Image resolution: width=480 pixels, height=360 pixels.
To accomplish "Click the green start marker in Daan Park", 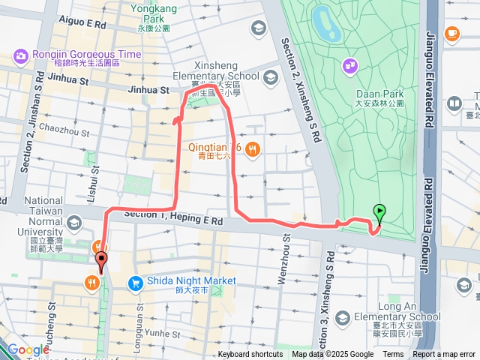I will tap(379, 213).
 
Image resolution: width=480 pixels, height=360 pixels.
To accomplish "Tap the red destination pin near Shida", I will tap(101, 262).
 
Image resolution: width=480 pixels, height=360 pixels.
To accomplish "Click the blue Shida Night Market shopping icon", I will tap(136, 282).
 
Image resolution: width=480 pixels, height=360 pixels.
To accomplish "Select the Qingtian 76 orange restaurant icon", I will tap(252, 148).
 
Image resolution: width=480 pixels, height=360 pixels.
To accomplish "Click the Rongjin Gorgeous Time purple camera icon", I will tap(19, 55).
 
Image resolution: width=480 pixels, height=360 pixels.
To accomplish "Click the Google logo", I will tap(28, 349).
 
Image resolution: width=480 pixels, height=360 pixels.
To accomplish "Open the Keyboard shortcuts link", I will tap(250, 355).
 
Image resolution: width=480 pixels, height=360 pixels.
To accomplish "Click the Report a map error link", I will tap(445, 355).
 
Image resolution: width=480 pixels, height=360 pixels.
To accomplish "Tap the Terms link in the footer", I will tap(393, 355).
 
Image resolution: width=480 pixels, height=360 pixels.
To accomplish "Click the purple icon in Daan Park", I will tap(350, 67).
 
